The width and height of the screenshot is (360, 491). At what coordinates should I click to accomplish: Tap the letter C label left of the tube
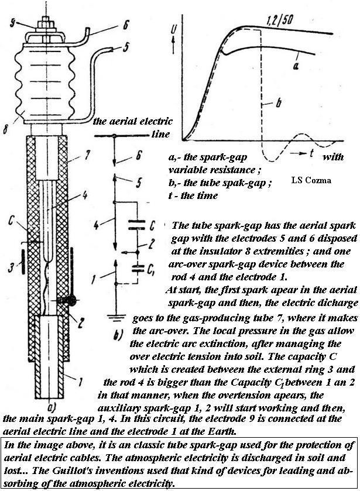(x=11, y=221)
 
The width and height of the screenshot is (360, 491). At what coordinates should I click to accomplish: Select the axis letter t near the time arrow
(x=311, y=153)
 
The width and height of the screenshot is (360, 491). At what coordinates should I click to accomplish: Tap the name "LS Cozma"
(x=311, y=180)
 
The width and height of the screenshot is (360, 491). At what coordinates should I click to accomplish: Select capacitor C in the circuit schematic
(x=136, y=225)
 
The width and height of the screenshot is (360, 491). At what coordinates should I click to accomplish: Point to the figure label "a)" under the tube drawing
(x=51, y=408)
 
